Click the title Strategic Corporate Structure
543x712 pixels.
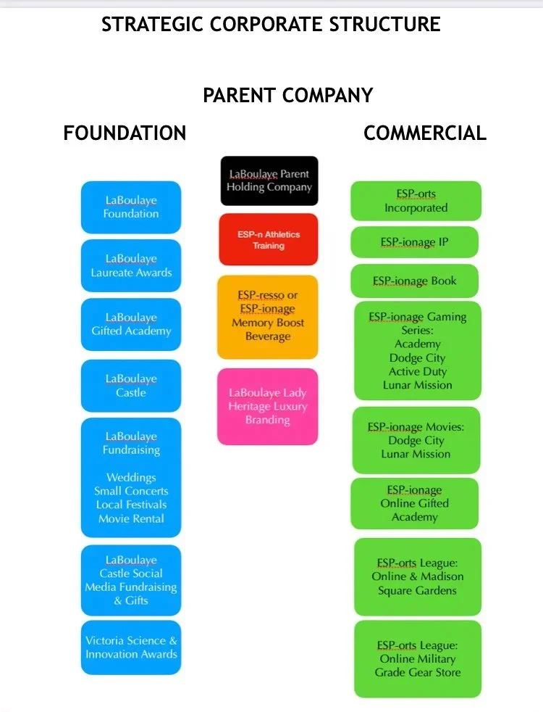[271, 24]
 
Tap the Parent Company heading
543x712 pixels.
[287, 95]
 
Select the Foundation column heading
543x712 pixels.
[125, 133]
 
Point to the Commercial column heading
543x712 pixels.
[424, 133]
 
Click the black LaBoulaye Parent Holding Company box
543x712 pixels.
[269, 181]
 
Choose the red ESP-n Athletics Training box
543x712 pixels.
[269, 240]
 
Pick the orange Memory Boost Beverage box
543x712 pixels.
[268, 317]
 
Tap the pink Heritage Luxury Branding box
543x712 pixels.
[268, 407]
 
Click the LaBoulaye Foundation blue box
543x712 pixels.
[131, 207]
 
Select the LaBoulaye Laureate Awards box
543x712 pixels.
[131, 266]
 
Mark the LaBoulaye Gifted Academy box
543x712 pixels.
[131, 325]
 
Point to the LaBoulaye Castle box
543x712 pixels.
[131, 386]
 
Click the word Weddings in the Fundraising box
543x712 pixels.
[131, 478]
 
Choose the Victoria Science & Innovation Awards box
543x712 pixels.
[131, 647]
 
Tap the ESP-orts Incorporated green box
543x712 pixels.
[416, 201]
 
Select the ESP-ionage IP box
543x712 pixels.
[415, 242]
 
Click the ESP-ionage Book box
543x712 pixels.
[415, 281]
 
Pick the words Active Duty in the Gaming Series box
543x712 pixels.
[418, 372]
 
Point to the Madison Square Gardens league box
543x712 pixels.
[417, 577]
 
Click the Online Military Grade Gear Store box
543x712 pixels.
[417, 659]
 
